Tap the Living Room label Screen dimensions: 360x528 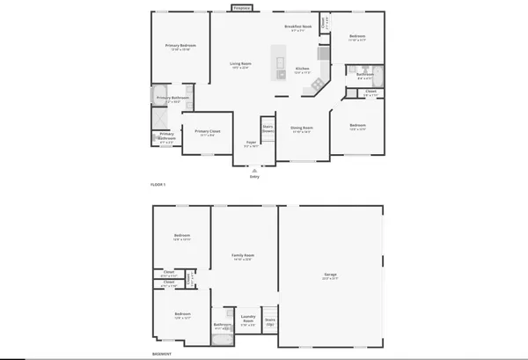click(x=240, y=63)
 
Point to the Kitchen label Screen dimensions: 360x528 click(x=302, y=68)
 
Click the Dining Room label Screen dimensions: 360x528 click(x=302, y=128)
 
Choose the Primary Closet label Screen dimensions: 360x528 click(x=208, y=131)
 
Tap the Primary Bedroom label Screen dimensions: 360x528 click(x=182, y=45)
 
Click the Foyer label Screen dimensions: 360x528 click(x=251, y=141)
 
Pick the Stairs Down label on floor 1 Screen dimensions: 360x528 click(x=268, y=129)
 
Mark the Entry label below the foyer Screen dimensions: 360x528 click(x=254, y=177)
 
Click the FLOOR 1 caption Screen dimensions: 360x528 click(x=158, y=184)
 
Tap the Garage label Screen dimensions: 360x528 click(x=331, y=276)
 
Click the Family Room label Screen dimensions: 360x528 click(x=242, y=255)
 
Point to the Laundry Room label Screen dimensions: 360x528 click(x=248, y=320)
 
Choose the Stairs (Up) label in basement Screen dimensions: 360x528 click(x=270, y=321)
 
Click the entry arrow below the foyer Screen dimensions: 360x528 click(x=254, y=169)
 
